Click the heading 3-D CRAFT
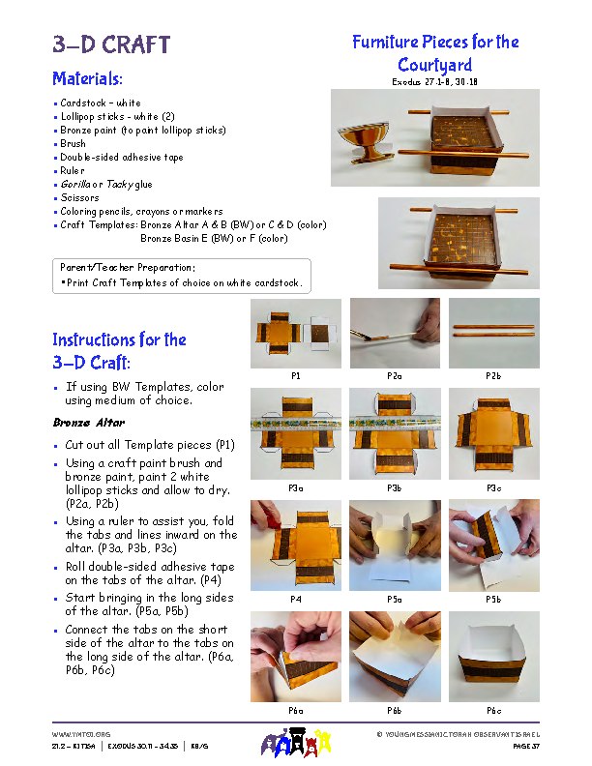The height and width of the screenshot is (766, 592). click(x=111, y=44)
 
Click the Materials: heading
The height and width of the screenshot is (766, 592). click(x=87, y=78)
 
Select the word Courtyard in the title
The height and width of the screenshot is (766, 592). click(x=434, y=65)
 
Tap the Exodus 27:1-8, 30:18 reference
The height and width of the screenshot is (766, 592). click(x=434, y=82)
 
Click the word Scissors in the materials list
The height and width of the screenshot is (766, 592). click(x=79, y=197)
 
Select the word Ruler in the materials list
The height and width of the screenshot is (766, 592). click(x=74, y=170)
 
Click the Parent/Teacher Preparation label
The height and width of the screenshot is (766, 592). click(x=128, y=267)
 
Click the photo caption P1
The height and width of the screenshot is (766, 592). click(x=295, y=374)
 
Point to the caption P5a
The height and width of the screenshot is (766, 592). click(x=395, y=600)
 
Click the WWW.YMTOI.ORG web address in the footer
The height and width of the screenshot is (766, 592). click(x=81, y=735)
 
